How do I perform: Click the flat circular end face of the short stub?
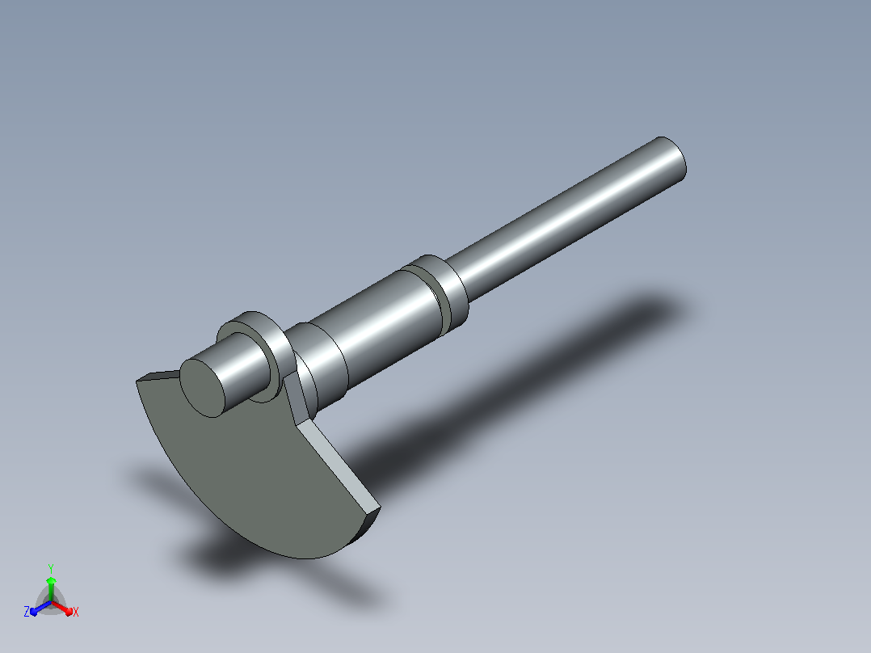pyautogui.click(x=202, y=388)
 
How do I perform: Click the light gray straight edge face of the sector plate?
pyautogui.click(x=339, y=467)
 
